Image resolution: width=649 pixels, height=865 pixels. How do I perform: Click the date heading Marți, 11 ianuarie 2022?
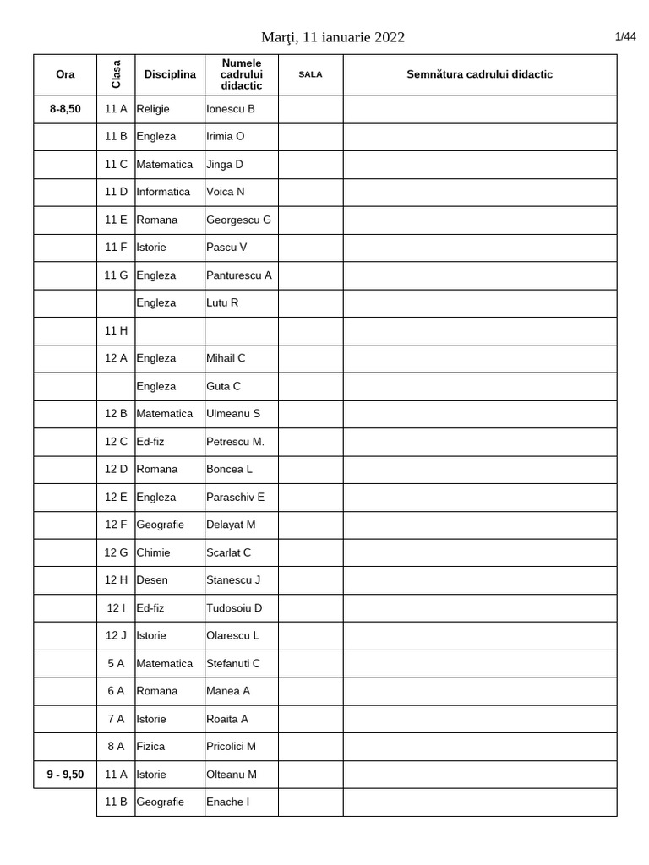[333, 36]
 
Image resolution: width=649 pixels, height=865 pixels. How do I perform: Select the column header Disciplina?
[170, 74]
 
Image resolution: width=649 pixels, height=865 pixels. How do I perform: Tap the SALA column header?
[310, 74]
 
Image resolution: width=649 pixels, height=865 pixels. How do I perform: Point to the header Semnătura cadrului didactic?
[479, 74]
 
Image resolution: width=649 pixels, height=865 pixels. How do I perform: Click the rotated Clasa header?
[116, 74]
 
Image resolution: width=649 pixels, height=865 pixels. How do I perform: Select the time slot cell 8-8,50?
[65, 109]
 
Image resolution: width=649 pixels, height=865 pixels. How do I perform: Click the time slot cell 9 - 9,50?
[65, 774]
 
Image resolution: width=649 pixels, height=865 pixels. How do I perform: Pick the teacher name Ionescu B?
[230, 109]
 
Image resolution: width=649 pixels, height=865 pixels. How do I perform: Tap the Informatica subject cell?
[163, 192]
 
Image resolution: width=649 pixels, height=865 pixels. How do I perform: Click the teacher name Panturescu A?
[238, 275]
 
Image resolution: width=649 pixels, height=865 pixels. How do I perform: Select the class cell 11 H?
[116, 330]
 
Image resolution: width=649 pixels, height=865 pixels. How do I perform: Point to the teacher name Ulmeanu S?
[233, 413]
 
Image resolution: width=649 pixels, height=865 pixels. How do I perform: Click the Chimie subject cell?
[153, 552]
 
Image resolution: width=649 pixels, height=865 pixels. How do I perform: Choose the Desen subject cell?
[152, 579]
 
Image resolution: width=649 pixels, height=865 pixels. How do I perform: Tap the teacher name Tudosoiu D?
[234, 607]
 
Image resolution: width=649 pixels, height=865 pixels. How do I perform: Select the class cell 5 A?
[116, 663]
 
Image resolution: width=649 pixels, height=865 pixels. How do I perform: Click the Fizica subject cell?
[150, 746]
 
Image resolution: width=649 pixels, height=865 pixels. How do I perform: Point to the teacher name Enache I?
[227, 802]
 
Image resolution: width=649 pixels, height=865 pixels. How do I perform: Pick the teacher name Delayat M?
[231, 525]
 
